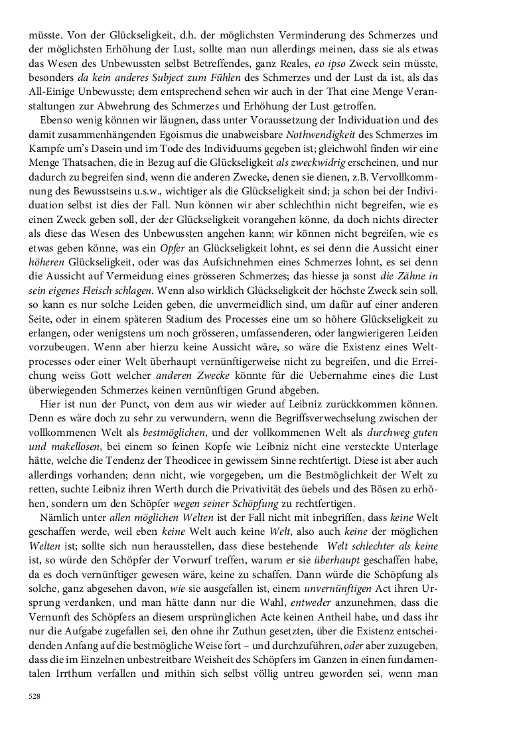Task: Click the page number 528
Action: click(35, 696)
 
